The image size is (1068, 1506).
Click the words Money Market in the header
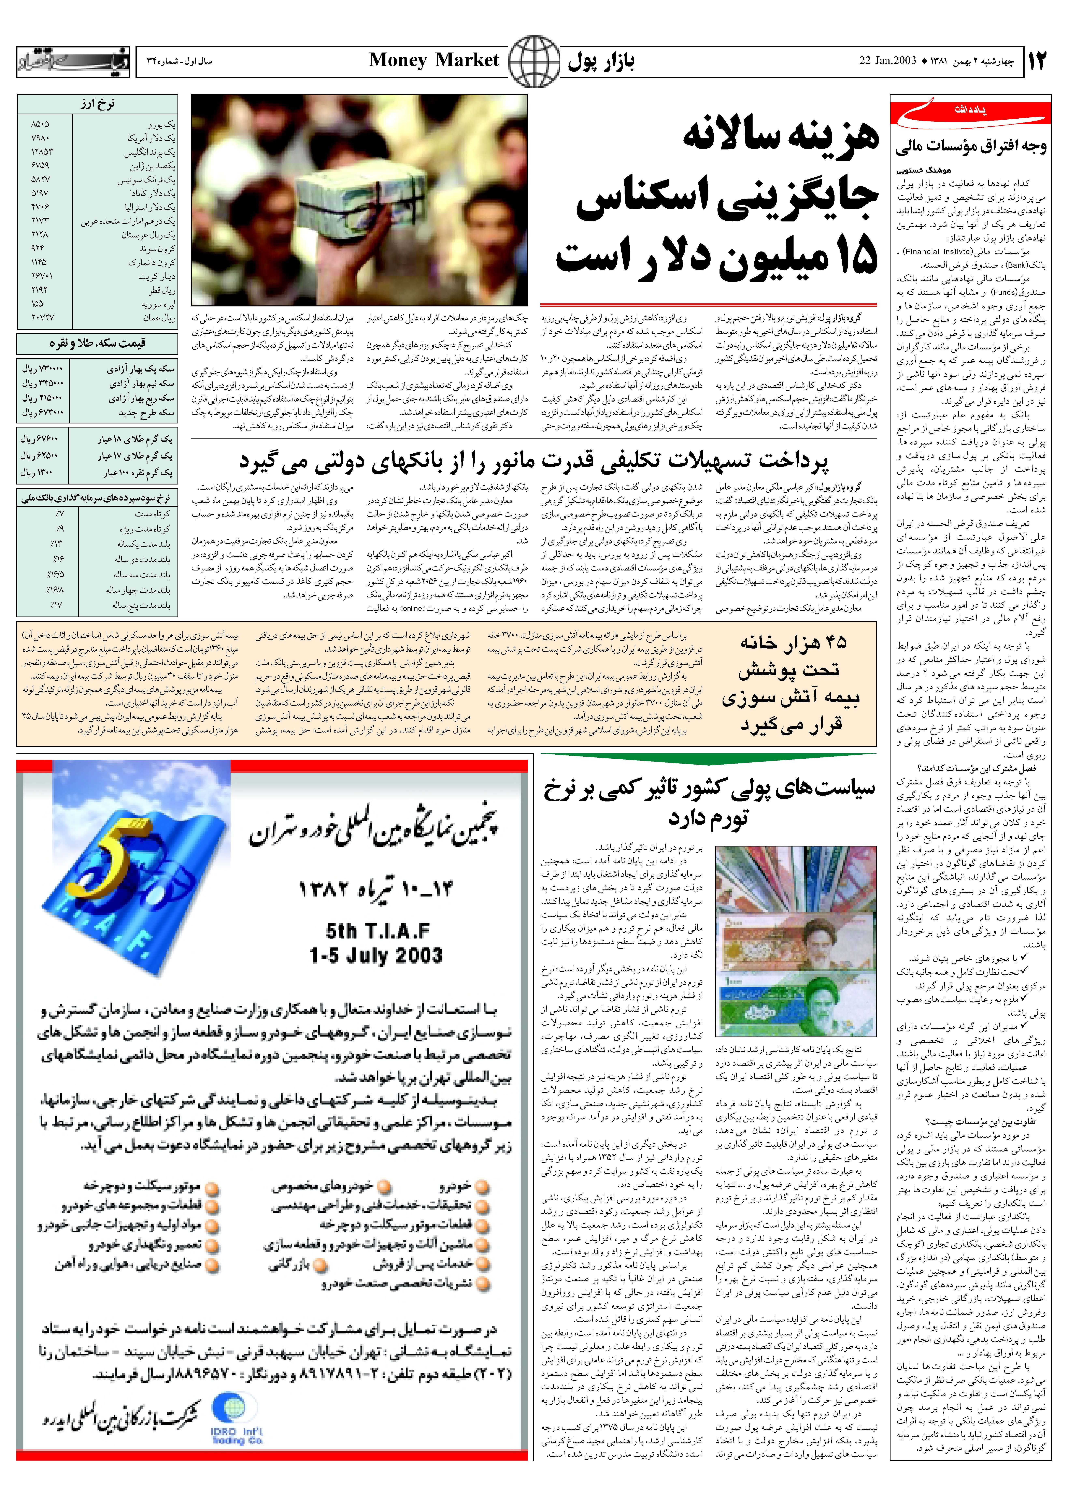pyautogui.click(x=434, y=60)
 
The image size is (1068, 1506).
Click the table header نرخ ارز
pyautogui.click(x=97, y=104)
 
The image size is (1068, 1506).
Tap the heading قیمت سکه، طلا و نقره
pyautogui.click(x=97, y=343)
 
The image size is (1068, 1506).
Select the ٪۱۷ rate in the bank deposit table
pyautogui.click(x=58, y=605)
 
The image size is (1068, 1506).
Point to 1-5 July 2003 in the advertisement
pyautogui.click(x=376, y=955)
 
